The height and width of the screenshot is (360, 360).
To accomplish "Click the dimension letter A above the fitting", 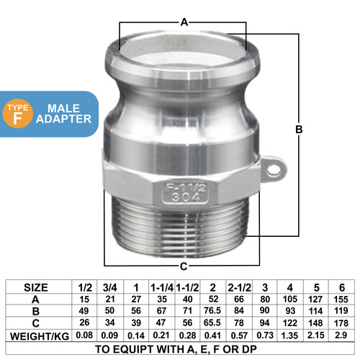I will (184, 22).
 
